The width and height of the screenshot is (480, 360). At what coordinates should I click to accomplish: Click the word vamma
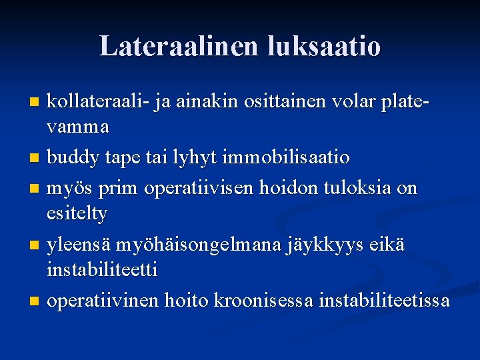78,125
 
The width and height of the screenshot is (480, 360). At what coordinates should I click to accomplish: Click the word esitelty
77,213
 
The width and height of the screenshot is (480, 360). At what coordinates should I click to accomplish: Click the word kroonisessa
264,301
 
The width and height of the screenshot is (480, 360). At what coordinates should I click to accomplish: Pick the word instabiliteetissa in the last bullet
384,301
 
